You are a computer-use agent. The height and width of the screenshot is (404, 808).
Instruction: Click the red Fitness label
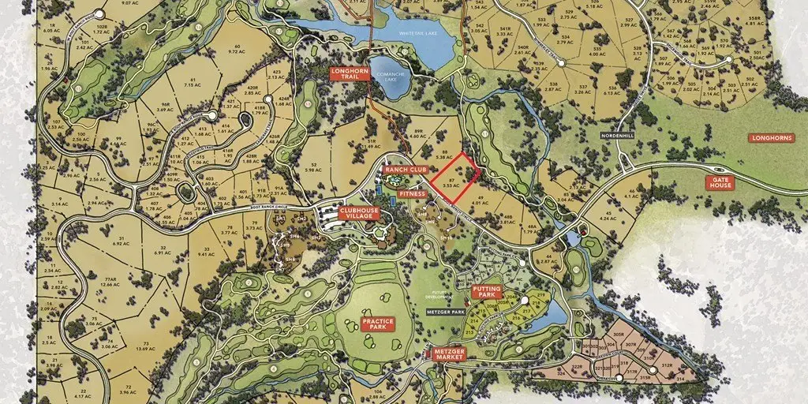click(412, 193)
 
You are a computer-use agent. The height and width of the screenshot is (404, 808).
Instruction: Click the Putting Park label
click(487, 292)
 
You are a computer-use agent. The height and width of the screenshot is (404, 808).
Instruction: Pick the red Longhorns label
click(771, 138)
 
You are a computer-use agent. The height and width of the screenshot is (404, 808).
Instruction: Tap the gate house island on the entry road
click(717, 170)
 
